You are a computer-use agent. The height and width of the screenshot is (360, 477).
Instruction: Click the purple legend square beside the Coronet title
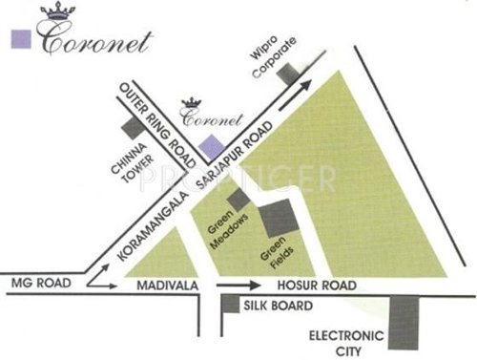click(x=17, y=40)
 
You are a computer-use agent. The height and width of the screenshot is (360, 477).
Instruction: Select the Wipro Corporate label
click(x=271, y=50)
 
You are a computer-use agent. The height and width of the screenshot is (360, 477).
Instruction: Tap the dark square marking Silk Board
click(x=230, y=305)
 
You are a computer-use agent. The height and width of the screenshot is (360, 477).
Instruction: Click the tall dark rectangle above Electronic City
click(x=404, y=323)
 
